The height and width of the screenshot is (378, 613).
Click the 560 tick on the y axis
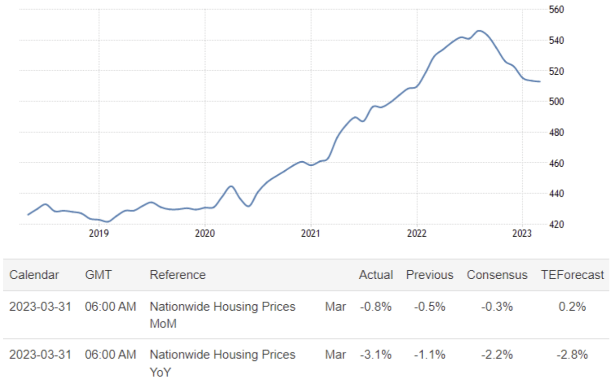[557, 9]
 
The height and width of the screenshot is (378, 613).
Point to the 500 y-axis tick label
[557, 101]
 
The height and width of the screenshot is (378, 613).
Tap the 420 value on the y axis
[557, 224]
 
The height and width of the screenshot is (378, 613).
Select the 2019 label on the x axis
[99, 233]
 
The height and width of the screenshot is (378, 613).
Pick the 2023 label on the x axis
[522, 233]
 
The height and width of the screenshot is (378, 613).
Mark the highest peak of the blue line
[479, 31]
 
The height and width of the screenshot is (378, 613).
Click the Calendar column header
[34, 275]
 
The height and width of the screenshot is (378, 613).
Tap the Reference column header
[178, 275]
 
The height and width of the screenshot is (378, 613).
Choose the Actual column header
[376, 275]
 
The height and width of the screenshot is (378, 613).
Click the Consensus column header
[497, 275]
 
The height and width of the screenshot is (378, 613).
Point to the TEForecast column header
[573, 275]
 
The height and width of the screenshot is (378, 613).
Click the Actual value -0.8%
[376, 307]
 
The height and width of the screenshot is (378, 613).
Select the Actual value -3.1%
[376, 355]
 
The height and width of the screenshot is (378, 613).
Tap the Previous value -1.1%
[430, 355]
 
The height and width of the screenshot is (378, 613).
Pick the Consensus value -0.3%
[497, 307]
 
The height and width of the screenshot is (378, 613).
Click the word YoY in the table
[160, 372]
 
